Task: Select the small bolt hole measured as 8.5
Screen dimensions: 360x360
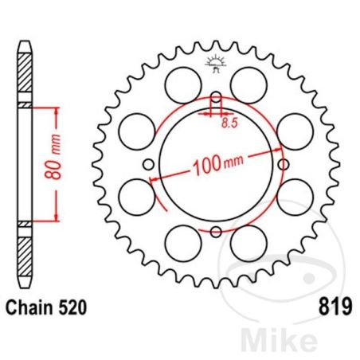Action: tap(215, 100)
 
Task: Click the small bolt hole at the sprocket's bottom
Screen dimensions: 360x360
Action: tap(215, 233)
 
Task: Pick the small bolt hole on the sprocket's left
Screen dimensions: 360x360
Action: tap(149, 166)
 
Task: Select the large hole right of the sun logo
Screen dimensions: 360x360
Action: tap(248, 82)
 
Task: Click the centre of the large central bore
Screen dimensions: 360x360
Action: tap(215, 166)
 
